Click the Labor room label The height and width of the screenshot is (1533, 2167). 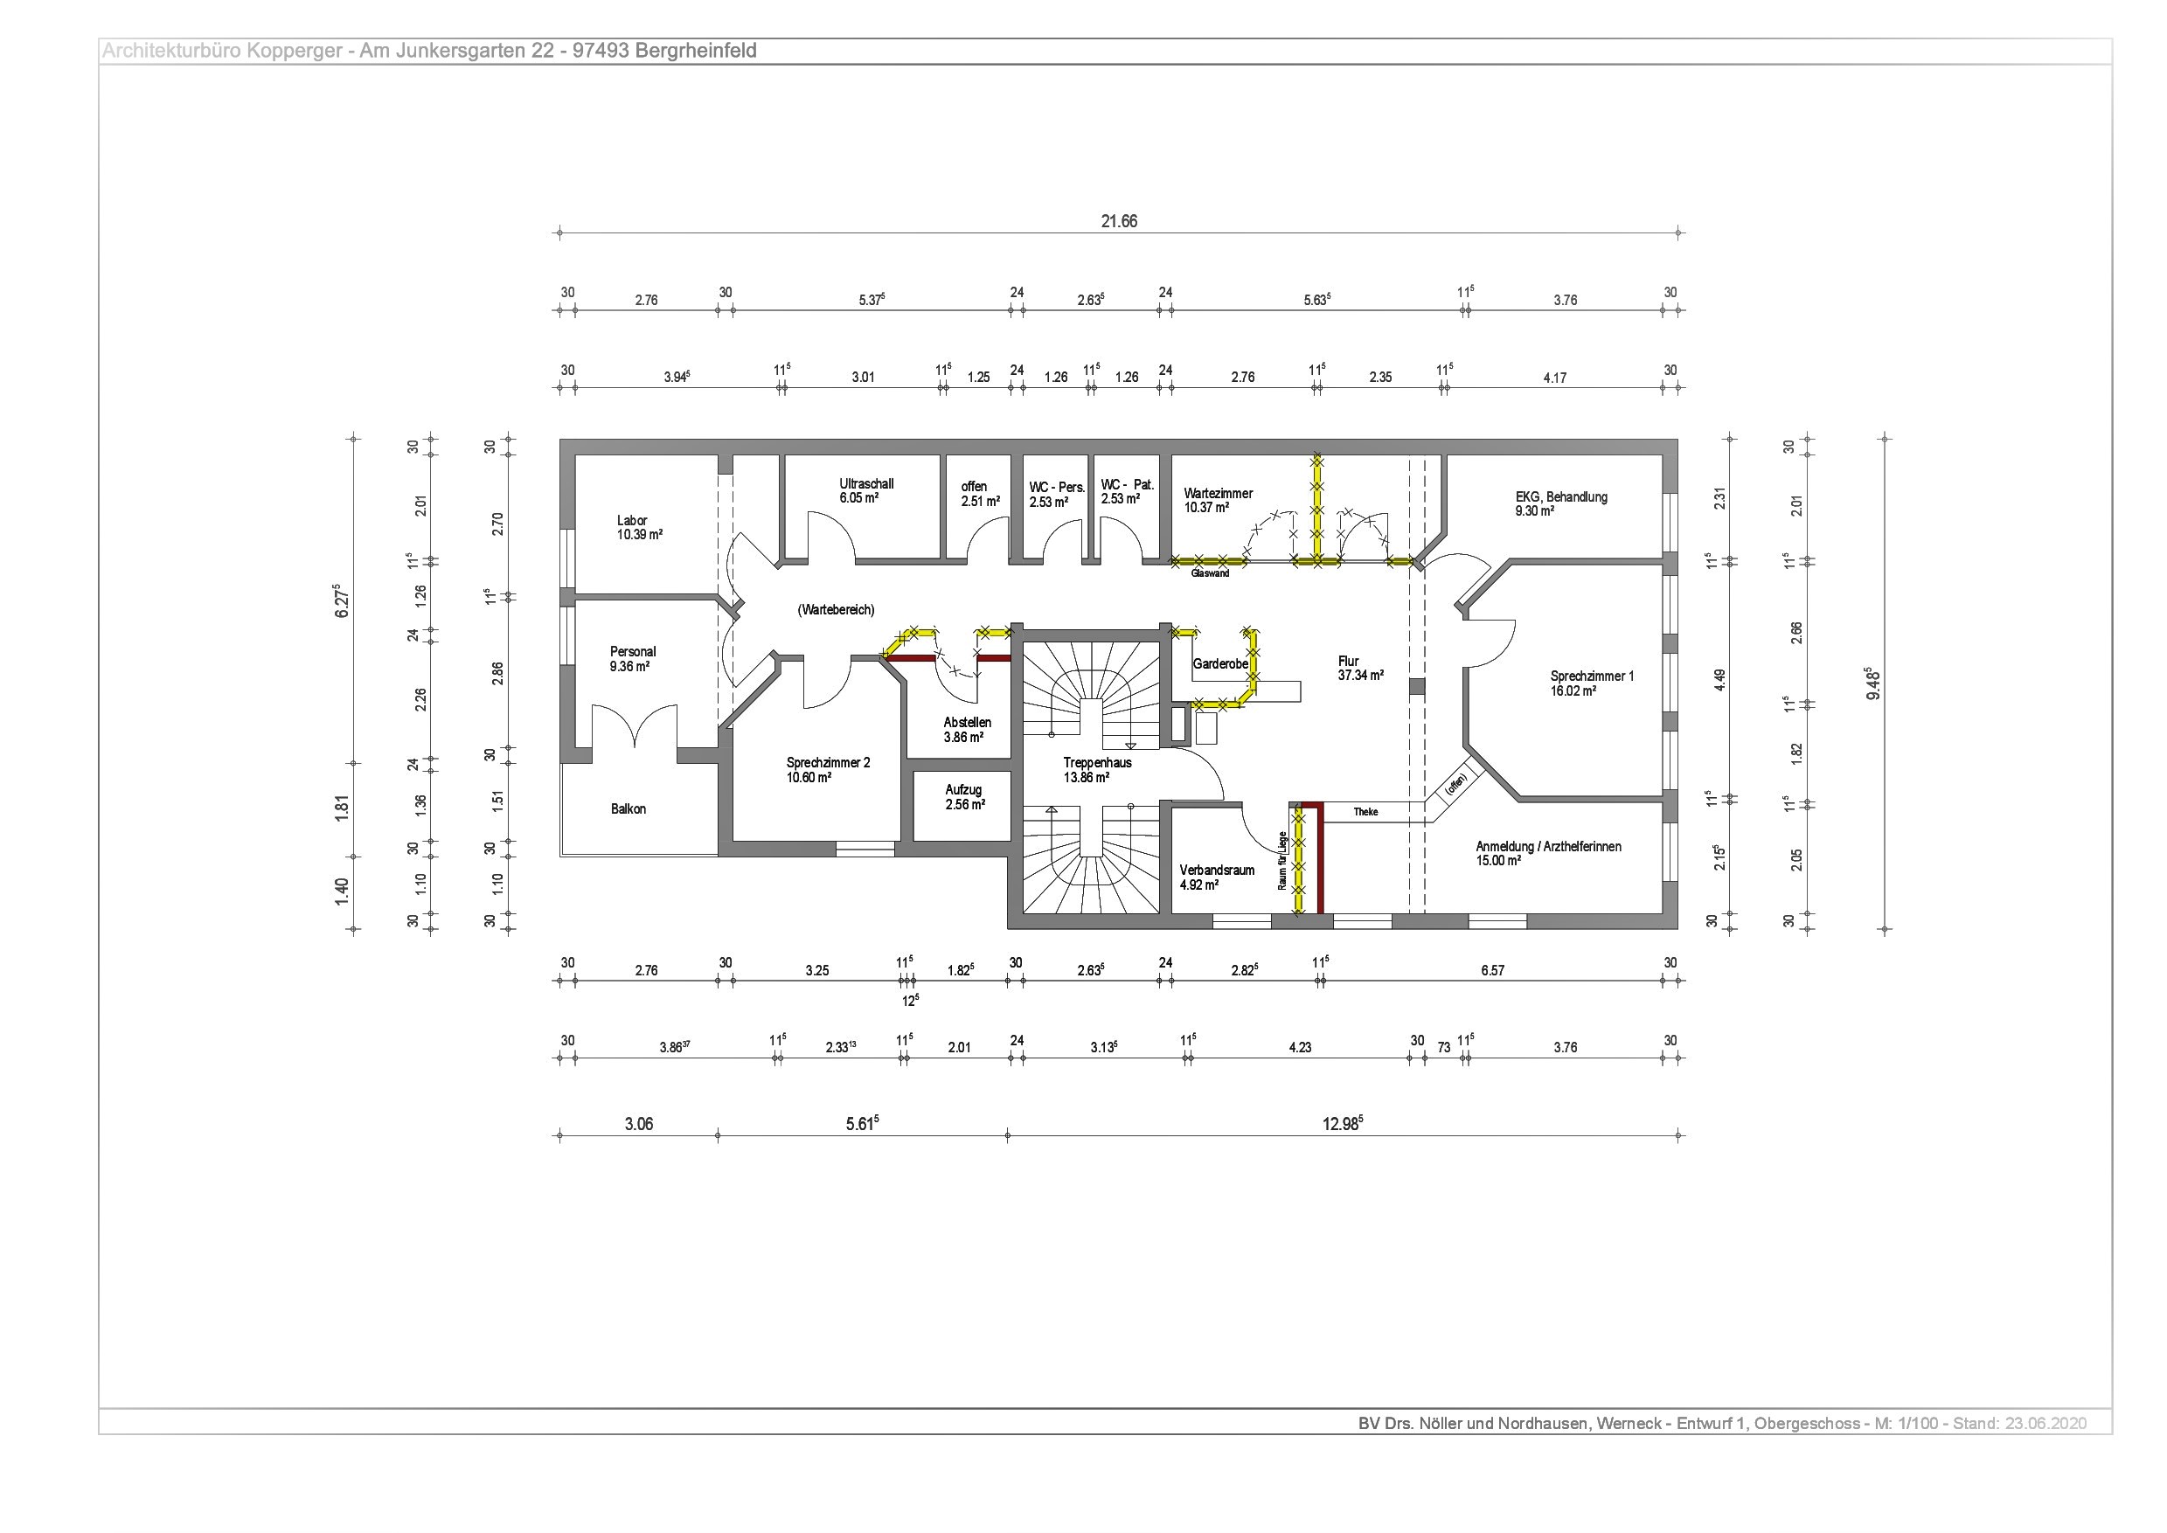click(632, 520)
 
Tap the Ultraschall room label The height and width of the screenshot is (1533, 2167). click(866, 484)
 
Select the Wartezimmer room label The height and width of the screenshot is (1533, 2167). click(1218, 494)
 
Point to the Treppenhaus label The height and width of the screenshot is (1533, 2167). click(1097, 763)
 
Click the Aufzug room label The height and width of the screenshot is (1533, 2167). click(963, 790)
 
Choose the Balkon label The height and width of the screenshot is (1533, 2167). click(628, 809)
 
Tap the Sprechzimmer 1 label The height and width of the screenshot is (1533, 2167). click(1592, 676)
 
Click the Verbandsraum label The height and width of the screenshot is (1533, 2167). click(1217, 871)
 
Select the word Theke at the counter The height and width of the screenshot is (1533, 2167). click(1365, 812)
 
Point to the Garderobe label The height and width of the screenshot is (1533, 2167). click(1220, 664)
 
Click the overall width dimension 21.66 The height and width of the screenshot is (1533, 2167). click(1119, 222)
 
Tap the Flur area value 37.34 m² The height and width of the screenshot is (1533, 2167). click(1361, 676)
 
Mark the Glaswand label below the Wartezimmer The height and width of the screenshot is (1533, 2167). click(1211, 573)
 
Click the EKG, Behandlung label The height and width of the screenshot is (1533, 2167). click(1561, 496)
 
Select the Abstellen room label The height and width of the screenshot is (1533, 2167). click(967, 723)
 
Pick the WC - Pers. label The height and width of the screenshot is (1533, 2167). click(1057, 488)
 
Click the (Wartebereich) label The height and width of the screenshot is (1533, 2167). click(836, 611)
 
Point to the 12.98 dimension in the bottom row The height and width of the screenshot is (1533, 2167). click(1342, 1123)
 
